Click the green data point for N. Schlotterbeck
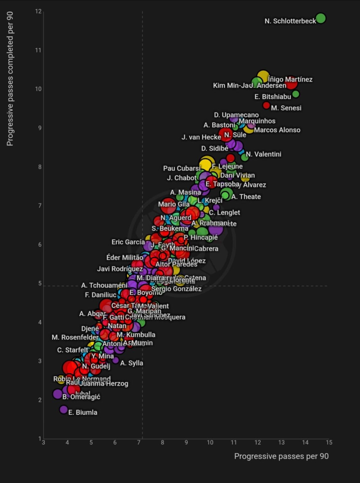320,18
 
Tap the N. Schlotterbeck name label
290,21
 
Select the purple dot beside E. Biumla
64,409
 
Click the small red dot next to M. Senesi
266,105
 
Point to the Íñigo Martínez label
290,80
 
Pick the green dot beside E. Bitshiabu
296,94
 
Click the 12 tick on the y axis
38,11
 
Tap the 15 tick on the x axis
329,442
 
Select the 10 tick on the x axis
210,442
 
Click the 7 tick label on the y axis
40,206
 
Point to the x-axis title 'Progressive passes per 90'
281,456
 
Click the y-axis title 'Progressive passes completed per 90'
10,79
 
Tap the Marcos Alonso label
277,130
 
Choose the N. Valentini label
263,154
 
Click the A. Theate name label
246,197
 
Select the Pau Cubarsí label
181,168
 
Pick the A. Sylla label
131,363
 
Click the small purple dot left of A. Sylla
115,360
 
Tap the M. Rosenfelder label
75,337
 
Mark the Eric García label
128,242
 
